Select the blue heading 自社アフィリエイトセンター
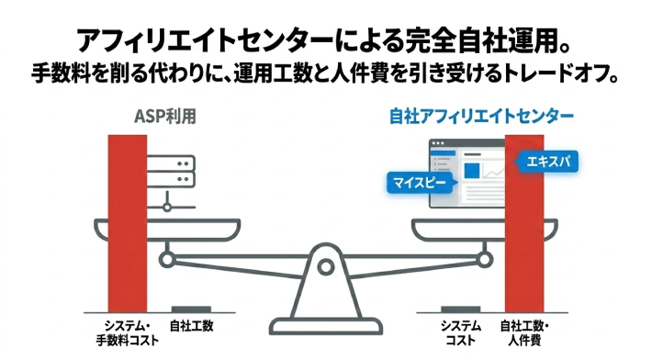pyautogui.click(x=482, y=117)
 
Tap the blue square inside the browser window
pyautogui.click(x=472, y=170)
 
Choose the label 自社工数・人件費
pyautogui.click(x=524, y=332)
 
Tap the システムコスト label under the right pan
pyautogui.click(x=461, y=332)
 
